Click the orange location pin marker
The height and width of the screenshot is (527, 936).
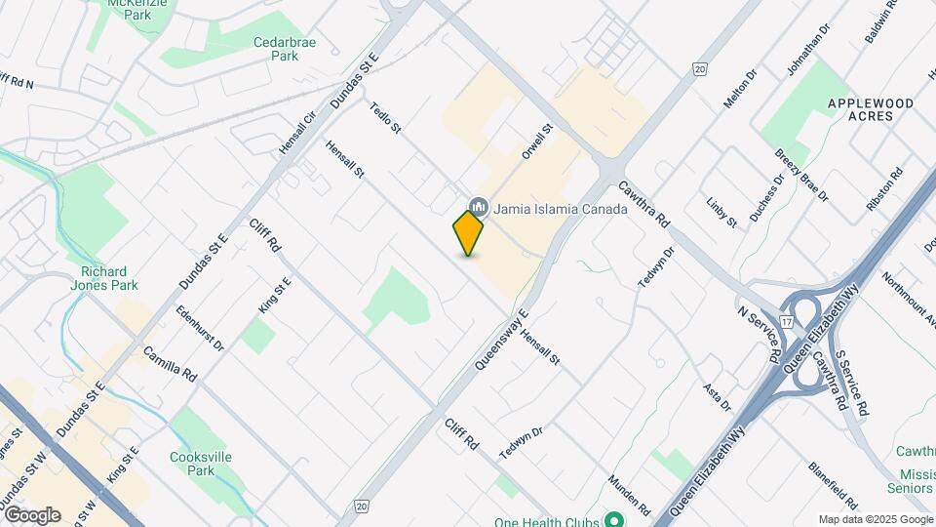tap(468, 233)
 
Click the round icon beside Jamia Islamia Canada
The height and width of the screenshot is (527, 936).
tap(479, 207)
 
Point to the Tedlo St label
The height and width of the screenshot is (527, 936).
tap(386, 120)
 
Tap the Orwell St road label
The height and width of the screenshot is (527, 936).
tap(537, 142)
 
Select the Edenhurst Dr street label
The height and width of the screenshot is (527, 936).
tap(200, 330)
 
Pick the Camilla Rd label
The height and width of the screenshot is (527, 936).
tap(170, 363)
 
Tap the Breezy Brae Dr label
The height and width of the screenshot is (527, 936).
tap(801, 175)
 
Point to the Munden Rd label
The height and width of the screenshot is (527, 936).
tap(629, 495)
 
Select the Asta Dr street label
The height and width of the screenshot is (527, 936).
tap(717, 397)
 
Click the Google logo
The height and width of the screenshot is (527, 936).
tap(32, 514)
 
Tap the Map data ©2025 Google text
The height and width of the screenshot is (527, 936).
tap(876, 520)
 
